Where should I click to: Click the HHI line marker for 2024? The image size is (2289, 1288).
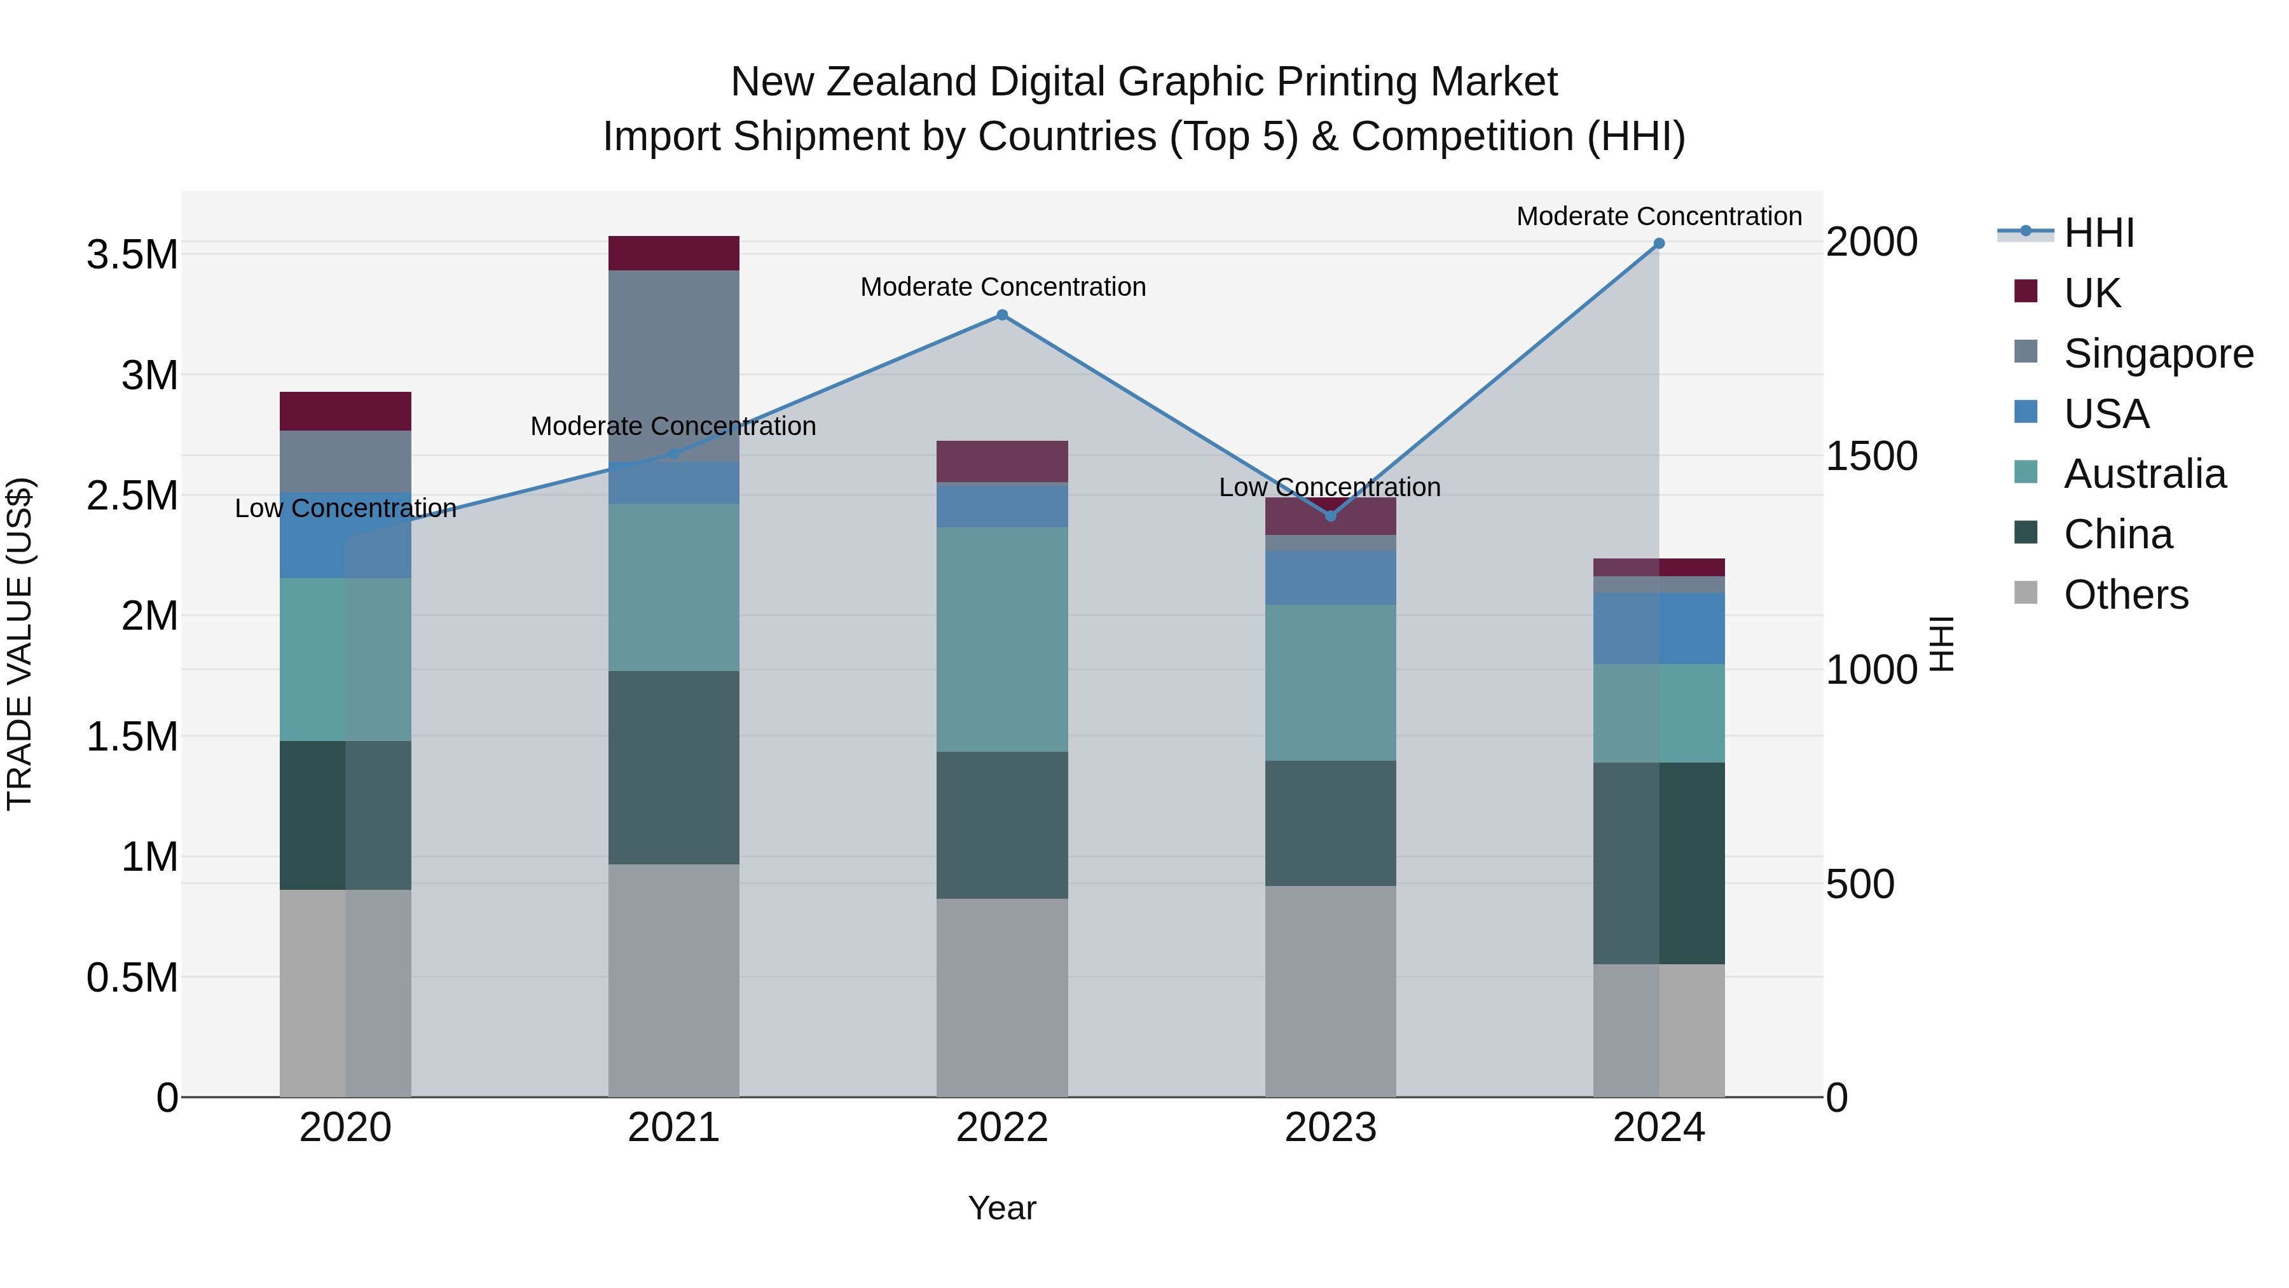click(x=1658, y=244)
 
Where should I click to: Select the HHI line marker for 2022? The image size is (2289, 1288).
click(x=1002, y=315)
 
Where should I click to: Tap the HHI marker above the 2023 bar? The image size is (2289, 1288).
click(x=1330, y=516)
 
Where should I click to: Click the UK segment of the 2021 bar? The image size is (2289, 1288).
click(x=673, y=253)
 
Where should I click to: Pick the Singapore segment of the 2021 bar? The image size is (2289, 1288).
click(x=673, y=364)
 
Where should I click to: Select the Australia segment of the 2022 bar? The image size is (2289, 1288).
click(x=1002, y=639)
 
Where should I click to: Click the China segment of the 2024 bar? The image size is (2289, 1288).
click(x=1658, y=862)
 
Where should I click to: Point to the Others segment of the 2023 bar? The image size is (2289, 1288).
click(x=1330, y=991)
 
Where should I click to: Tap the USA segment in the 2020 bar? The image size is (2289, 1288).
click(x=346, y=535)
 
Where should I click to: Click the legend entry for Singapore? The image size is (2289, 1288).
click(x=2157, y=354)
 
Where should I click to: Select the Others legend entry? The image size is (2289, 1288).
click(x=2126, y=595)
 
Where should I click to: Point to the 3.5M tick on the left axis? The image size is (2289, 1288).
click(x=132, y=255)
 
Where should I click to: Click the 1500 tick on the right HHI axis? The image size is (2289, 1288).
click(x=1871, y=456)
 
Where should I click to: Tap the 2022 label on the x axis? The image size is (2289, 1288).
click(x=1002, y=1128)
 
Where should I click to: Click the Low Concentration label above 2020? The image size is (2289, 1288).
click(x=346, y=508)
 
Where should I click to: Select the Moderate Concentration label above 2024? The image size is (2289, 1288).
click(x=1658, y=216)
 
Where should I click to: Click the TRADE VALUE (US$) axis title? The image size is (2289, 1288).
click(x=20, y=644)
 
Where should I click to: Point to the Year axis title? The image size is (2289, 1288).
click(x=1001, y=1208)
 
